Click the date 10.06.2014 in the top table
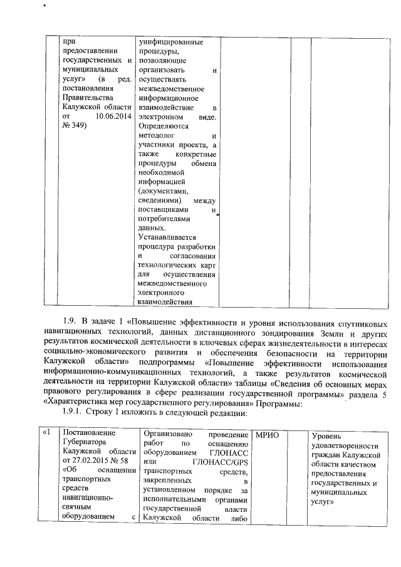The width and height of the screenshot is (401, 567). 114,117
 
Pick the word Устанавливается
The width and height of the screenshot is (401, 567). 168,238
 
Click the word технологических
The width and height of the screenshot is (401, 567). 169,266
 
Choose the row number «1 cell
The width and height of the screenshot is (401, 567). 46,434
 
